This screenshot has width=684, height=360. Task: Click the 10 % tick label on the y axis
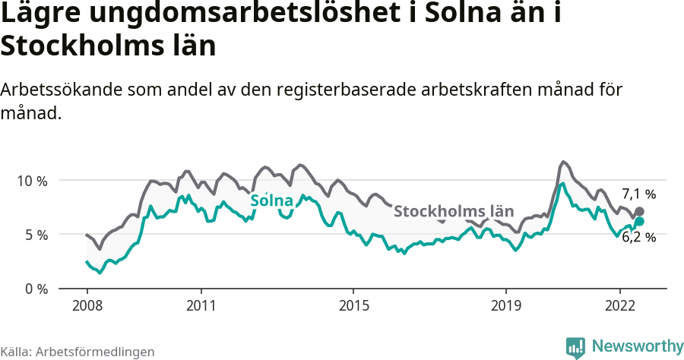tap(31, 181)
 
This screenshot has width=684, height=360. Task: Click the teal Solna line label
tap(271, 201)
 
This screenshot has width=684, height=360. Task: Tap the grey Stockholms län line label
tap(454, 210)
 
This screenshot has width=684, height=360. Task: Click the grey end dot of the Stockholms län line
tap(639, 211)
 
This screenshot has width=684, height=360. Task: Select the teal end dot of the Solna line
tap(639, 221)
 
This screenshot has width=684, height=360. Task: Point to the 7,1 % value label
tap(638, 194)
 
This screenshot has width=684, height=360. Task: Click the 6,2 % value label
tap(638, 237)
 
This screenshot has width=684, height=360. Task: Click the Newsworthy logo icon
tap(575, 347)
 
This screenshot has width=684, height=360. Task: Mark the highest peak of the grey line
tap(562, 162)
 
